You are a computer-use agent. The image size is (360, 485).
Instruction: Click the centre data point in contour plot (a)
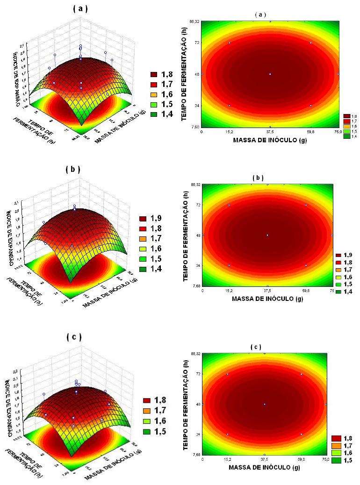[270, 74]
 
